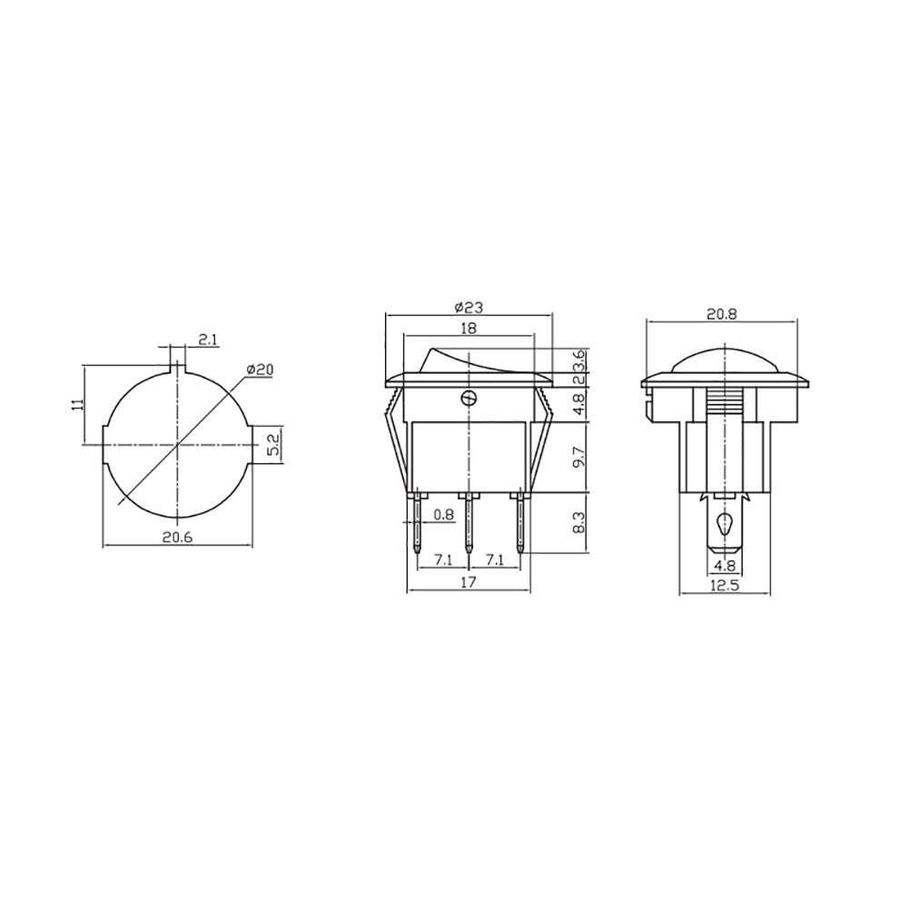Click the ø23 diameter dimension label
tap(469, 308)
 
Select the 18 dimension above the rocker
tap(469, 328)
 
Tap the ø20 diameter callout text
tap(260, 370)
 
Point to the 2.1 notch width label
tap(207, 340)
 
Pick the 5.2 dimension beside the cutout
tap(274, 445)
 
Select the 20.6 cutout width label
tap(177, 538)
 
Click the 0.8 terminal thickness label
tap(444, 514)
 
